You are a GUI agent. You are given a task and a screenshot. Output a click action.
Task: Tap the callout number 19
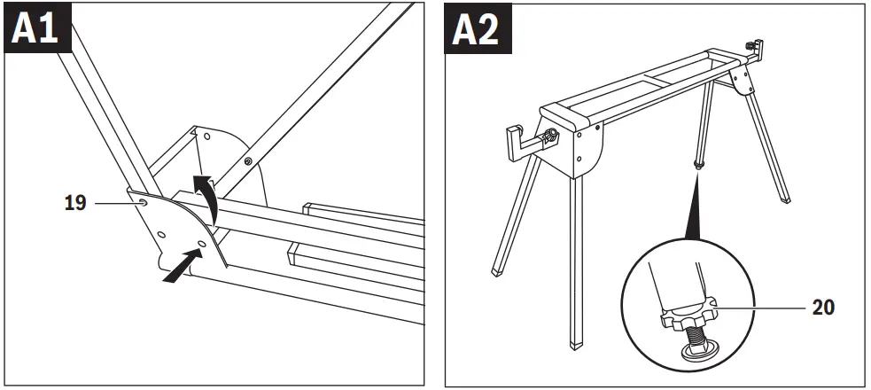click(x=74, y=203)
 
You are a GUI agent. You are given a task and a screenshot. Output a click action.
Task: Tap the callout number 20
click(x=823, y=307)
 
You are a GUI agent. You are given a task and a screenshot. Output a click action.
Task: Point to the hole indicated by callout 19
click(x=143, y=204)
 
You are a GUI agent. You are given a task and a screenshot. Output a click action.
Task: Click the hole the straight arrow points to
click(x=203, y=242)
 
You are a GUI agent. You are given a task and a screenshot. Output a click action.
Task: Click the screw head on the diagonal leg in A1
click(x=247, y=160)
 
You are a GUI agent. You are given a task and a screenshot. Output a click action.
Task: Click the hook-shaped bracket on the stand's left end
click(x=517, y=140)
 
